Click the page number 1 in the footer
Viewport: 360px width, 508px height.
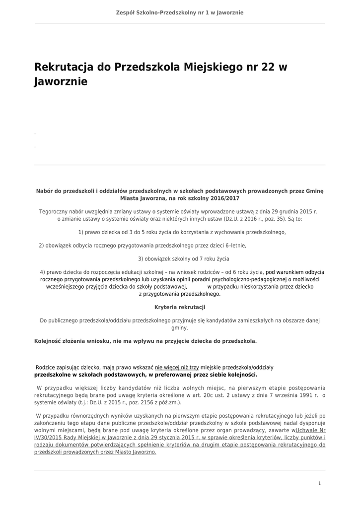click(x=320, y=483)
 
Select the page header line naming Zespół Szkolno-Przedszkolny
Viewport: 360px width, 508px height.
click(x=180, y=12)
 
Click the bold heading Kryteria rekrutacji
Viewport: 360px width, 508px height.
click(x=180, y=307)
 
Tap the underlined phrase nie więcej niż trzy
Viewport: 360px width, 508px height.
click(x=177, y=368)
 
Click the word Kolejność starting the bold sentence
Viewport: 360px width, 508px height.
click(x=52, y=341)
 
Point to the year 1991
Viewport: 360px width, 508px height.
click(x=307, y=395)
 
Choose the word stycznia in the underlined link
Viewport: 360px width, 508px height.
click(x=155, y=438)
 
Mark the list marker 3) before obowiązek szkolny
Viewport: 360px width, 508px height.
click(x=141, y=258)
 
